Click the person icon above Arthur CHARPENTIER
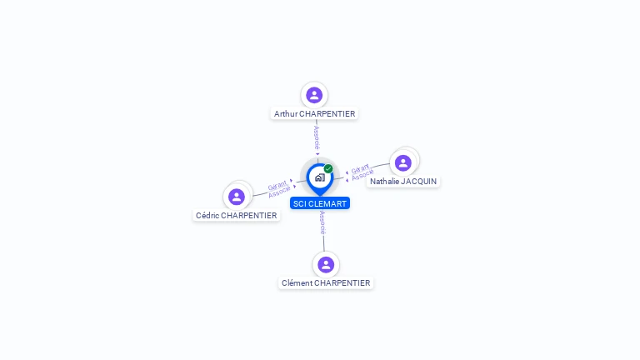point(314,95)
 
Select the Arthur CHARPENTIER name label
point(315,113)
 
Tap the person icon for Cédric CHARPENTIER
point(237,197)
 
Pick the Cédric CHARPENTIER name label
point(237,215)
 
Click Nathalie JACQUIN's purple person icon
point(403,162)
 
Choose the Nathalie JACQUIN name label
point(403,181)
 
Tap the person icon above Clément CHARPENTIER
point(326,264)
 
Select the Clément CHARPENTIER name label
point(326,282)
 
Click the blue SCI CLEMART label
point(320,203)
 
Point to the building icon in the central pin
point(319,177)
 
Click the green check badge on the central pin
point(328,169)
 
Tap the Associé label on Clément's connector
point(322,222)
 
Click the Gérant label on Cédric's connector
point(277,186)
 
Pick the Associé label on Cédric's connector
point(280,192)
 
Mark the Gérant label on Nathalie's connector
point(360,168)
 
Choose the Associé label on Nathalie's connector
point(362,175)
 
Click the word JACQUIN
point(418,181)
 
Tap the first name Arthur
point(286,113)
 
